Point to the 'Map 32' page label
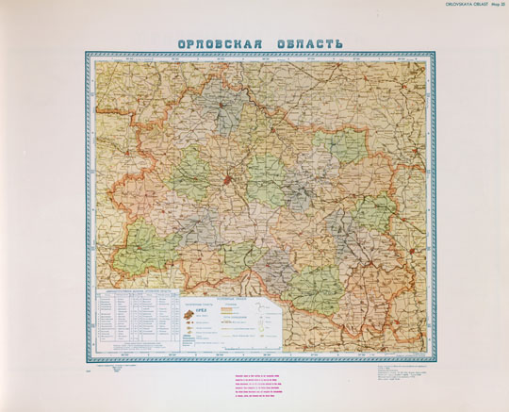pyautogui.click(x=496, y=4)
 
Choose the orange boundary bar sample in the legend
pyautogui.click(x=232, y=309)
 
